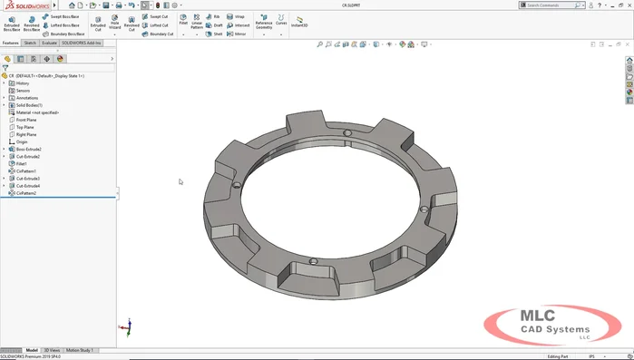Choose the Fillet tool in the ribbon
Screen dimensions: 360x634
[183, 20]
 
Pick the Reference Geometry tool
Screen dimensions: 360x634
[263, 22]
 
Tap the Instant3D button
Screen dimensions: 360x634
[298, 22]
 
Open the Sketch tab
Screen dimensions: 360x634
[30, 43]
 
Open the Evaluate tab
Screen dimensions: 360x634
[49, 43]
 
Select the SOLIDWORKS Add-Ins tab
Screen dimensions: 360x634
[83, 43]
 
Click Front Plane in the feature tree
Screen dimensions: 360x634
[26, 120]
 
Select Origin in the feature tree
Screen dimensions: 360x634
[22, 141]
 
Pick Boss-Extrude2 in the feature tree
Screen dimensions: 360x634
[29, 149]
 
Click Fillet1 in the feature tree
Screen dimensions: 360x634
[22, 163]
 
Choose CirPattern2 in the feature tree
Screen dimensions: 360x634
[25, 193]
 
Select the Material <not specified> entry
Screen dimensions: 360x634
[36, 112]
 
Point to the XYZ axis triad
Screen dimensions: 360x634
[130, 326]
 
